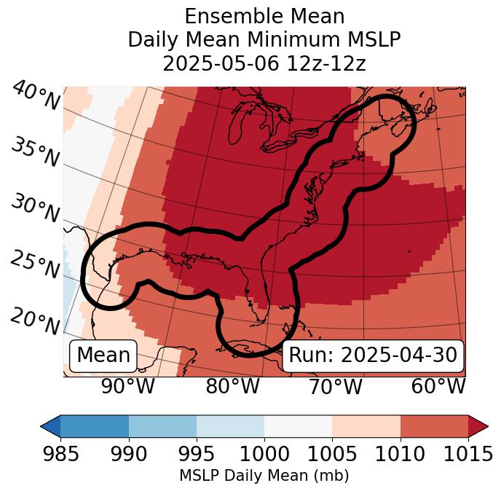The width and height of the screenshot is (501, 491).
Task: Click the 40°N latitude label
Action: tap(36, 97)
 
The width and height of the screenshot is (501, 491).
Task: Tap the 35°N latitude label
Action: tap(35, 152)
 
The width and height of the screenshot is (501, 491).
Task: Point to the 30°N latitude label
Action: tap(35, 209)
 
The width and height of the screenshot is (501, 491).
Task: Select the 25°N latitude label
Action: tap(35, 264)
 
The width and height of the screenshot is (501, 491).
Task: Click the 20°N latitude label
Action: tap(35, 320)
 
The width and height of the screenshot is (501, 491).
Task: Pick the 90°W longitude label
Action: tap(127, 387)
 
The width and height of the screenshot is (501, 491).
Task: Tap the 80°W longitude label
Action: tap(232, 387)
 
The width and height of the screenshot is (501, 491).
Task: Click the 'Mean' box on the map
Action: tap(103, 356)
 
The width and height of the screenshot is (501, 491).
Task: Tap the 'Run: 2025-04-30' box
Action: tap(373, 356)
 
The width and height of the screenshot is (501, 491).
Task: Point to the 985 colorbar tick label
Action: tap(60, 454)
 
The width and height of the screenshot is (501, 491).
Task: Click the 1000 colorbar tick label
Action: tap(264, 454)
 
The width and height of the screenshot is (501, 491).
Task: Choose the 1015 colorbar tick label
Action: tap(468, 454)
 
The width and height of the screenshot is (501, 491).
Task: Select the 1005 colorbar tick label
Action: tap(332, 454)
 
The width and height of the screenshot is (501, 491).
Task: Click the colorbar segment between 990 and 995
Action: tap(162, 425)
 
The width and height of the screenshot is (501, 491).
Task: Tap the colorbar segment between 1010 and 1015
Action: tap(434, 425)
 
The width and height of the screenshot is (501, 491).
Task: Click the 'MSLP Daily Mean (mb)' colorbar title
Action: tap(264, 476)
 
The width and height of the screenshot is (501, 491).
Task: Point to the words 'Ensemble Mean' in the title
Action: tap(264, 16)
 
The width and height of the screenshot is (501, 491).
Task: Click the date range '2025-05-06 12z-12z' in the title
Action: tap(264, 63)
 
